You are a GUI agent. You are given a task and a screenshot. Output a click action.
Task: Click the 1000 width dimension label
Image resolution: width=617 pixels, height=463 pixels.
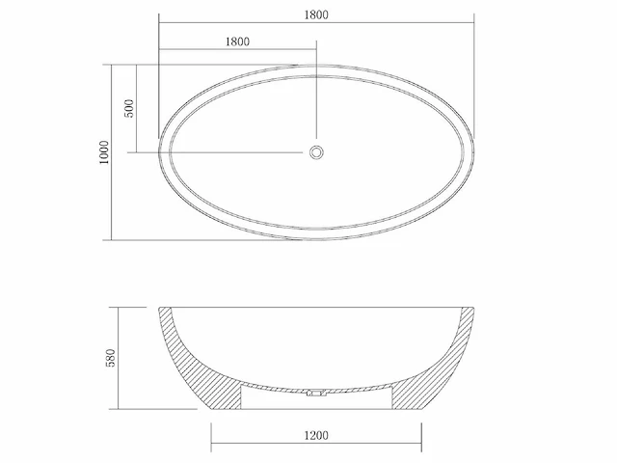104,152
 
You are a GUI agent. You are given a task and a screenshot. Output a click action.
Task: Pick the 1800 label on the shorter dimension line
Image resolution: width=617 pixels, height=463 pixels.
236,41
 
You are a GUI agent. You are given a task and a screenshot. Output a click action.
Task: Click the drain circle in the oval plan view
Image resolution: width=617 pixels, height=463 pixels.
316,151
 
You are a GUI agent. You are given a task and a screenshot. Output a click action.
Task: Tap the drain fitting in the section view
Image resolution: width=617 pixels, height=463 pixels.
315,394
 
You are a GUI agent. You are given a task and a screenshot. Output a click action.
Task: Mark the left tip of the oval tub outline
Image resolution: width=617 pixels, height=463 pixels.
158,151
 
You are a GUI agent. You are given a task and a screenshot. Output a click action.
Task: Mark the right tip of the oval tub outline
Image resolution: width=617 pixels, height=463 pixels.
475,151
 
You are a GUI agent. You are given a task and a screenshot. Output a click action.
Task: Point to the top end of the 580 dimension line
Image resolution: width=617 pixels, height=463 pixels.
119,307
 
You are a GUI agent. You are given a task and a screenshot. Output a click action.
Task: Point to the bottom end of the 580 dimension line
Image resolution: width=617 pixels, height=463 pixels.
119,410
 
